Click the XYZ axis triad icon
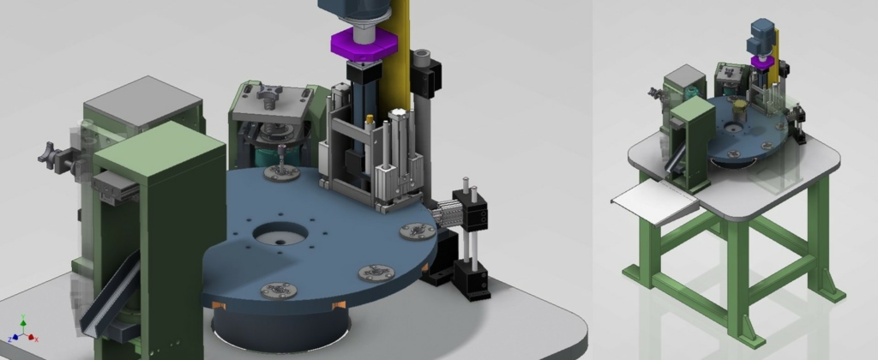click(x=23, y=329)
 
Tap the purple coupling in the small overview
click(x=761, y=61)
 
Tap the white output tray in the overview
click(x=655, y=203)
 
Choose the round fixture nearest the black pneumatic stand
click(x=418, y=231)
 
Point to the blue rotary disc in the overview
click(x=746, y=133)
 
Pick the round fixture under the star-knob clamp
click(x=280, y=172)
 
